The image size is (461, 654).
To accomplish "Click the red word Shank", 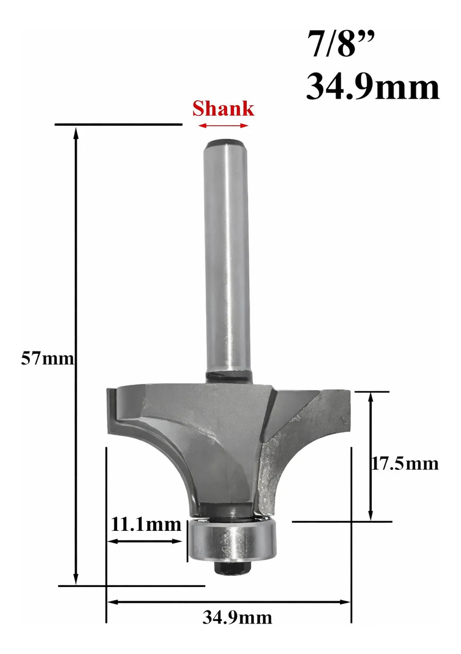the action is [223, 108].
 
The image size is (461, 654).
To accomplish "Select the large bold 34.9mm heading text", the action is [373, 87].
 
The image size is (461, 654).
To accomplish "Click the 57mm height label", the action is [47, 358].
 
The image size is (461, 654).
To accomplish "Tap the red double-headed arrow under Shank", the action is [223, 125].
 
